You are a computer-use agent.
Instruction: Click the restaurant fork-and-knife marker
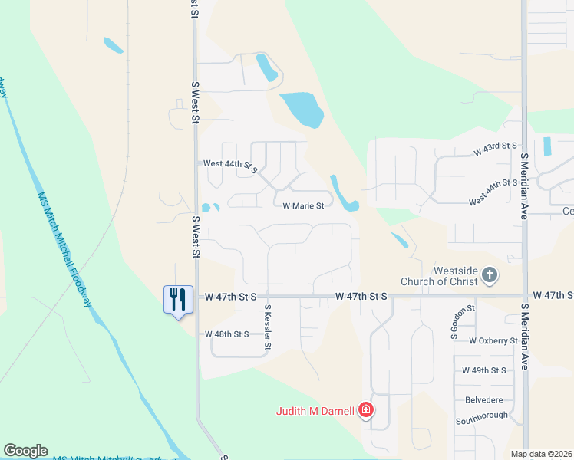pyautogui.click(x=178, y=299)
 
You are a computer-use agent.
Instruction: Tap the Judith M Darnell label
pyautogui.click(x=315, y=411)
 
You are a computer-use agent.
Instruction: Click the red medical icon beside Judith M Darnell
pyautogui.click(x=366, y=410)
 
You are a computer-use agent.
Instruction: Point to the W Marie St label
pyautogui.click(x=304, y=206)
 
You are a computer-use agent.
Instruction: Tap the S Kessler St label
pyautogui.click(x=268, y=327)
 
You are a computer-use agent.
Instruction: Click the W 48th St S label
pyautogui.click(x=227, y=334)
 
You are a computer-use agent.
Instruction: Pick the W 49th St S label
pyautogui.click(x=484, y=370)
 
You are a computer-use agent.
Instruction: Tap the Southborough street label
pyautogui.click(x=482, y=416)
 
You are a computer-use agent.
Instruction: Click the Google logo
pyautogui.click(x=25, y=451)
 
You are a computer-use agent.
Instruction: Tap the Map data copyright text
pyautogui.click(x=541, y=454)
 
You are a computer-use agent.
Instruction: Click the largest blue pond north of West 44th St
pyautogui.click(x=302, y=109)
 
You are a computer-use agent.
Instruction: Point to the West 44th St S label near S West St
pyautogui.click(x=230, y=164)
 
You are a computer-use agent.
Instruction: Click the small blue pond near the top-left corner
pyautogui.click(x=114, y=45)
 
